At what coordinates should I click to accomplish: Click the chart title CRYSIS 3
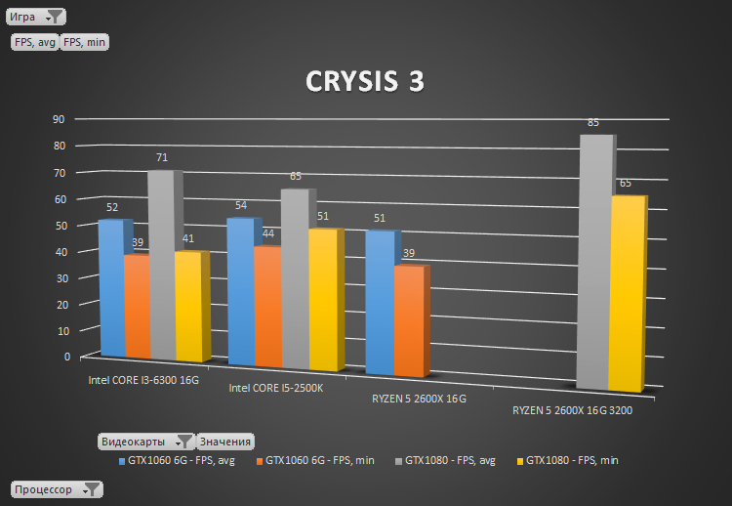[x=365, y=82]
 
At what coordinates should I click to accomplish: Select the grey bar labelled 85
[x=594, y=264]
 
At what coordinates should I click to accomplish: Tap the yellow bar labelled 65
[x=626, y=293]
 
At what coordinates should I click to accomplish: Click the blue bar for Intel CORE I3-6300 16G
[x=112, y=288]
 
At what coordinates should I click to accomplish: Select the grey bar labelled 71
[x=161, y=264]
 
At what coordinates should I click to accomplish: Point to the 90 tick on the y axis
[x=59, y=119]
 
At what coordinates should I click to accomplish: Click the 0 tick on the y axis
[x=56, y=357]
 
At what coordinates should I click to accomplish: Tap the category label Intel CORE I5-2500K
[x=275, y=388]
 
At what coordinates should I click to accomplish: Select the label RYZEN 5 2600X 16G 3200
[x=572, y=411]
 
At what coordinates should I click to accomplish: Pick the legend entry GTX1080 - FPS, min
[x=572, y=460]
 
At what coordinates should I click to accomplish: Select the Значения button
[x=225, y=442]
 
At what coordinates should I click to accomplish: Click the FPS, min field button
[x=85, y=42]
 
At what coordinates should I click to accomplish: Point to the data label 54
[x=240, y=206]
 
